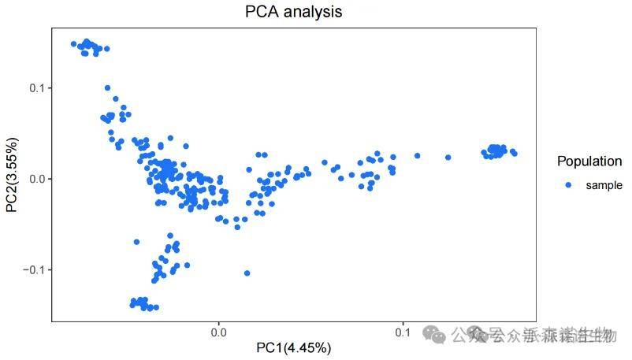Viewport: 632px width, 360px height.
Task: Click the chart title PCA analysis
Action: [x=293, y=12]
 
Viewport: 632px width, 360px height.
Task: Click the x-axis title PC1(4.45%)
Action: [x=293, y=347]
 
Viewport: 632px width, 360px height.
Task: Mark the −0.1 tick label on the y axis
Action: [x=35, y=269]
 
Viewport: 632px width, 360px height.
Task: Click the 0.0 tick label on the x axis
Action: [x=218, y=332]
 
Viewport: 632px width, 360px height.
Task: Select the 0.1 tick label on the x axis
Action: [x=403, y=332]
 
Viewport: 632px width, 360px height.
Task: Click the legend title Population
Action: [x=589, y=161]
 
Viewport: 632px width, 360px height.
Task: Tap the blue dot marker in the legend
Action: [x=567, y=185]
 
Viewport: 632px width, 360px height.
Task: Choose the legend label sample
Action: [x=604, y=185]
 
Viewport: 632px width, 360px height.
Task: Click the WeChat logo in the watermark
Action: [x=434, y=334]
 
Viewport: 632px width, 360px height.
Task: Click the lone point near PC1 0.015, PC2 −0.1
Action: [x=247, y=273]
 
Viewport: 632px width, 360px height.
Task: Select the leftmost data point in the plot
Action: [x=73, y=44]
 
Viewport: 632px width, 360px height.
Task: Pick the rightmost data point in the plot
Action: [x=515, y=154]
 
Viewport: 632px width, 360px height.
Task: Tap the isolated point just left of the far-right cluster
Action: [x=448, y=158]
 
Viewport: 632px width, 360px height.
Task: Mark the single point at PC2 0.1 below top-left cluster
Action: [x=107, y=88]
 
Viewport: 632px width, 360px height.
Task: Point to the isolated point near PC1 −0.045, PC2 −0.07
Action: [x=136, y=242]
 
